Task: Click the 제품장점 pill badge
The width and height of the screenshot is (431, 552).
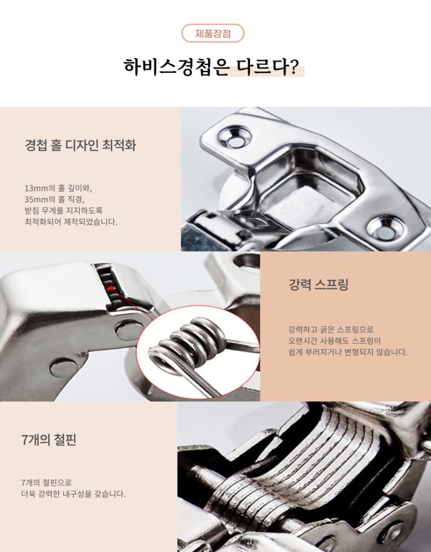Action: (213, 33)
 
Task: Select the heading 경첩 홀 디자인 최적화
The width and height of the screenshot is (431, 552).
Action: (80, 146)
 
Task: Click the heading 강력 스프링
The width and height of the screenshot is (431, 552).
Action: (318, 285)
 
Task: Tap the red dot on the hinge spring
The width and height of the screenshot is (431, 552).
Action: (111, 288)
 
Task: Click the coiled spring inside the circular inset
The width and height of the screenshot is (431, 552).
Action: (186, 345)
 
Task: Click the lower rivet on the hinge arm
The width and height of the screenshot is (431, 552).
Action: (64, 368)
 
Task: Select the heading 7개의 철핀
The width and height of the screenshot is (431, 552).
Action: (49, 439)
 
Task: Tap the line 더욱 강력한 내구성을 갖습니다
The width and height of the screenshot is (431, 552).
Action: (73, 493)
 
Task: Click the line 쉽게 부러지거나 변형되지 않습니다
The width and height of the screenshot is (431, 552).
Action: (347, 352)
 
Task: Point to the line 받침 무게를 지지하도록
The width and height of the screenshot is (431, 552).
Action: (63, 211)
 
